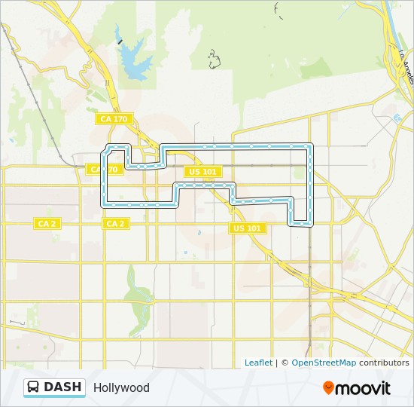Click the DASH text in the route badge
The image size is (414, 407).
tap(62, 387)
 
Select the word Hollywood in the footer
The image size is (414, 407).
tap(121, 388)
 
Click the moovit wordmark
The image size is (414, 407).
tap(363, 388)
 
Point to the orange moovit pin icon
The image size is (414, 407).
tap(328, 387)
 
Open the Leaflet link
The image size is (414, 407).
tap(258, 363)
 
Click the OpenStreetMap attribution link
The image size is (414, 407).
tap(324, 363)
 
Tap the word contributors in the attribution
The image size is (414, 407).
tap(384, 363)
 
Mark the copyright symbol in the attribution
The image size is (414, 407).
tap(285, 363)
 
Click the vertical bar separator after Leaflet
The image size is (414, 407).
tap(276, 363)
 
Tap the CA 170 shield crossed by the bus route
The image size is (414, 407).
tap(103, 170)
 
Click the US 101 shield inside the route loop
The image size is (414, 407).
tap(202, 172)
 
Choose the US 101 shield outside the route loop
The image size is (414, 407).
tap(247, 228)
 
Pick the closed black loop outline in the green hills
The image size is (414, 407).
tap(214, 60)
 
